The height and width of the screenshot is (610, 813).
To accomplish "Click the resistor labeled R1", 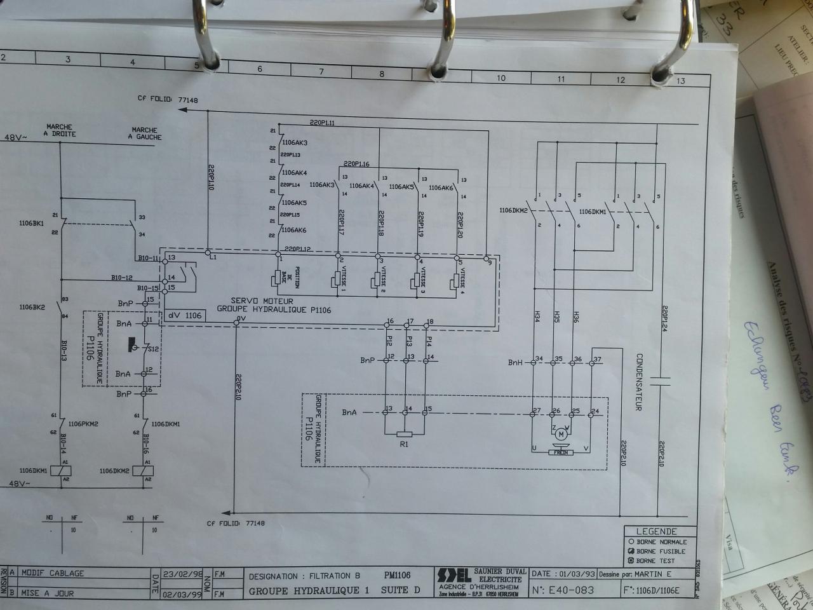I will tap(404, 435).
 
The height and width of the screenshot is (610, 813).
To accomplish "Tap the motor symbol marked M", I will tap(560, 435).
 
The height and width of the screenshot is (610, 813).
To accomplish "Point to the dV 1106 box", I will tap(184, 315).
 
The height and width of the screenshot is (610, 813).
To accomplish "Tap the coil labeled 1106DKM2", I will tap(144, 471).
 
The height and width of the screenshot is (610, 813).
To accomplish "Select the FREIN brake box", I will tap(561, 452).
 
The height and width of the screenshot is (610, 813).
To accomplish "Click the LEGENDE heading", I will tap(657, 531).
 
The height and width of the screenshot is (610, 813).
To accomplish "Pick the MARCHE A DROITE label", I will tap(59, 130).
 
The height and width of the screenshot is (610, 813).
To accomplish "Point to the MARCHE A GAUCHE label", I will tap(145, 133).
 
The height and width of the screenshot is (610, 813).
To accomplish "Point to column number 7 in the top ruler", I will tap(321, 72).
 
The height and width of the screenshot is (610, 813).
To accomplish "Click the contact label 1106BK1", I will tap(32, 224).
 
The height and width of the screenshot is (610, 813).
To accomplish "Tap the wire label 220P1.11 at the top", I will tap(323, 123).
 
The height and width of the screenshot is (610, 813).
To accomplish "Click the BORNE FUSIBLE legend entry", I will tap(661, 552).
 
